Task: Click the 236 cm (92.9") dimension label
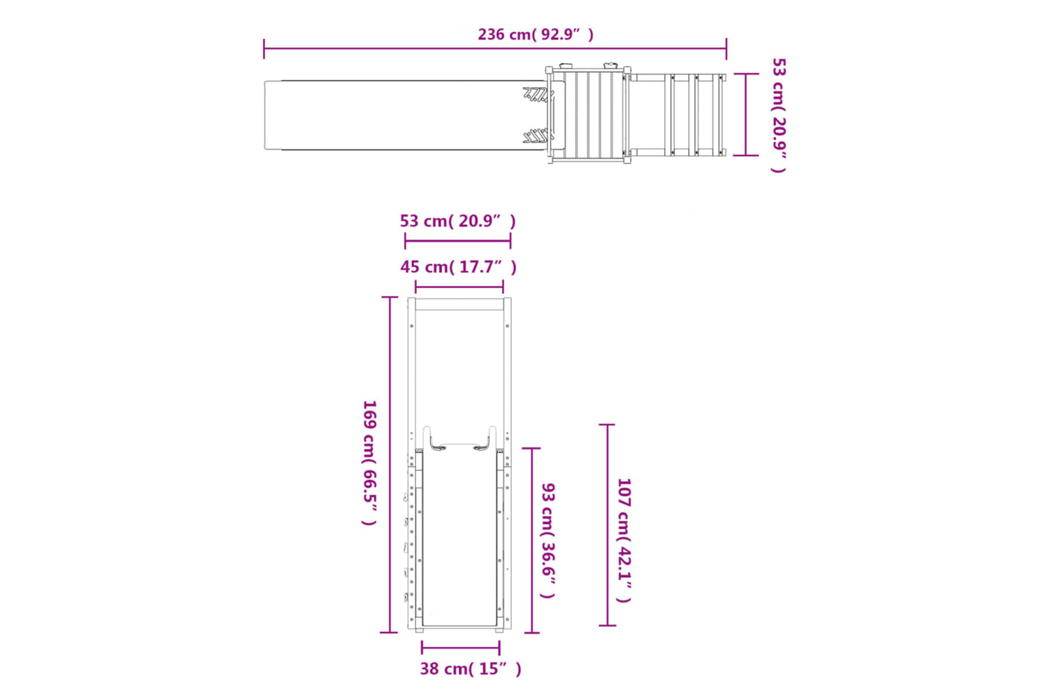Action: click(x=536, y=35)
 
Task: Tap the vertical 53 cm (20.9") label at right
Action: click(x=778, y=115)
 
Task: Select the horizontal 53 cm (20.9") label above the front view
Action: click(x=457, y=221)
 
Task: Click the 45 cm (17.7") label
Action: click(x=459, y=267)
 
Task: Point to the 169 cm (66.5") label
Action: click(x=369, y=463)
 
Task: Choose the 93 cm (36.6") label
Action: click(x=548, y=541)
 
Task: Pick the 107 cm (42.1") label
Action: click(x=624, y=540)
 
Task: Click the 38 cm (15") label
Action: click(x=470, y=668)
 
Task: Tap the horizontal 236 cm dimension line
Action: click(x=495, y=48)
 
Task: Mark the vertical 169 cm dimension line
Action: click(x=389, y=464)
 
